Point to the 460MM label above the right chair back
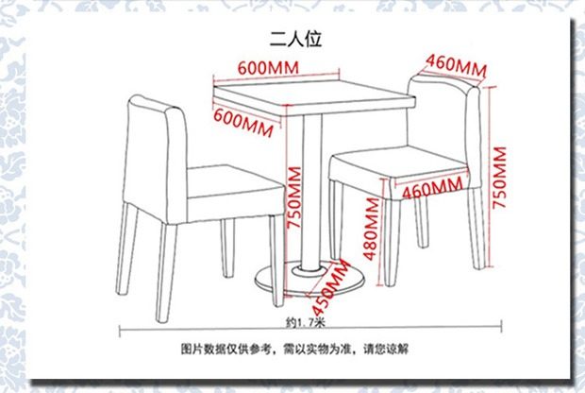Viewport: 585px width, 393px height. click(456, 66)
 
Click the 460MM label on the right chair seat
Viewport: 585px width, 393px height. click(433, 188)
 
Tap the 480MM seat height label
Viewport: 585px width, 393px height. click(372, 240)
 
